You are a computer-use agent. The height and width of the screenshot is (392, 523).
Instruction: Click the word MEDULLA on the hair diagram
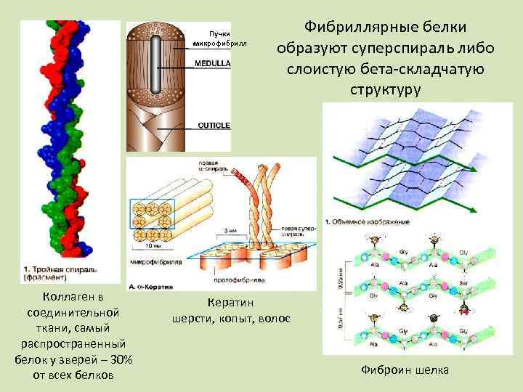click(x=212, y=63)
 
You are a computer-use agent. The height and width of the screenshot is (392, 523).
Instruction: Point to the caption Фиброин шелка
click(x=405, y=370)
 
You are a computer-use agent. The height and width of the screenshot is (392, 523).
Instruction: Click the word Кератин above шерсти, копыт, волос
click(x=231, y=303)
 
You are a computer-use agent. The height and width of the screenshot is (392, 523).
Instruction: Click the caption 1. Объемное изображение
click(x=367, y=221)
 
